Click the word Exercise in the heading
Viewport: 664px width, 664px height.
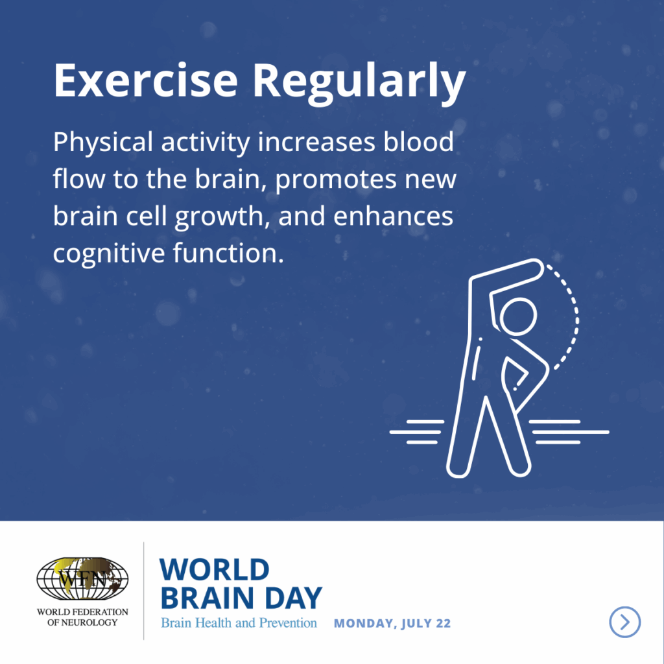(146, 80)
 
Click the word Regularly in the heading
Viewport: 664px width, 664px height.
(359, 84)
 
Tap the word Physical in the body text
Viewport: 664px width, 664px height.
(103, 143)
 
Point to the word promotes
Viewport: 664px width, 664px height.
(336, 180)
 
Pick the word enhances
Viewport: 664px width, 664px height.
(393, 215)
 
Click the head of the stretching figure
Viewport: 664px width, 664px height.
(518, 316)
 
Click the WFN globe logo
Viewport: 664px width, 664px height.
(82, 578)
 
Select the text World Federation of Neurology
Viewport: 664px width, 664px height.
(82, 617)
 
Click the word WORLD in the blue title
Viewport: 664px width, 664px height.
(214, 569)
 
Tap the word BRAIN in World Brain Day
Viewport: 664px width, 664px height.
(207, 597)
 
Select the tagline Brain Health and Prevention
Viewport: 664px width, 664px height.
(239, 623)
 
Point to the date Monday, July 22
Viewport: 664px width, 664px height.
(392, 623)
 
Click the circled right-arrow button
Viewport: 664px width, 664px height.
(624, 622)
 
